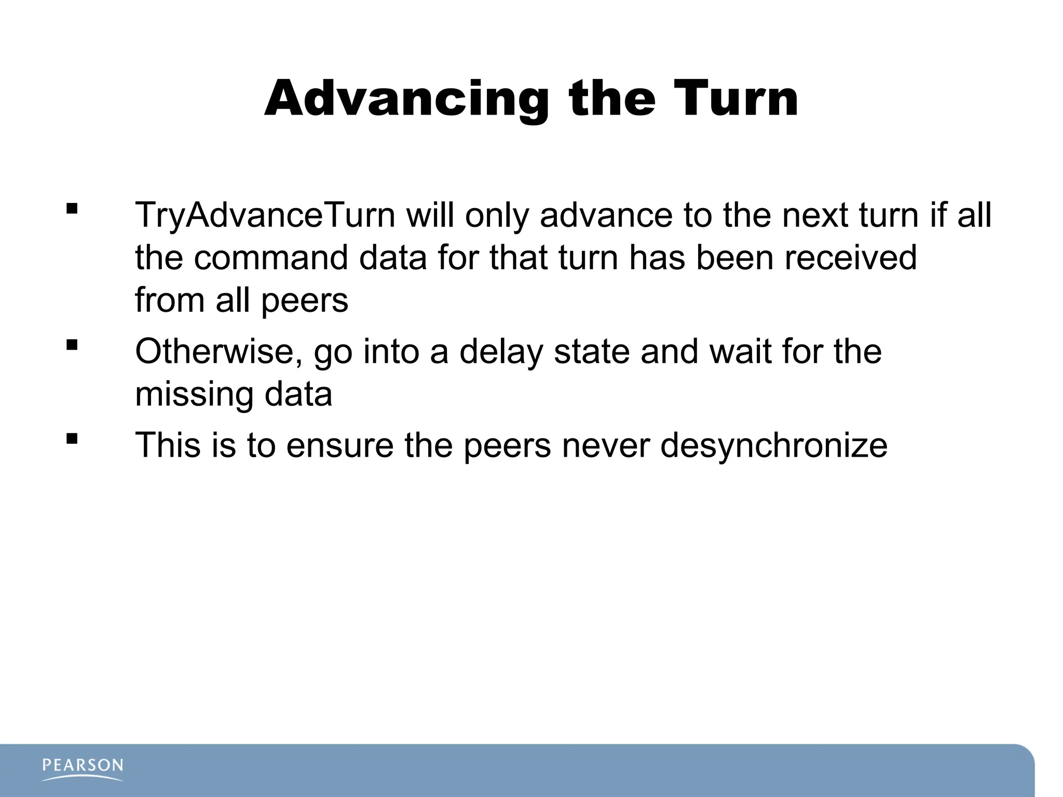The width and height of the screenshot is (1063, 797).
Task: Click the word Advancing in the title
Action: pyautogui.click(x=406, y=100)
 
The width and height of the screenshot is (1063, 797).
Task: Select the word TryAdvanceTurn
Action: pyautogui.click(x=265, y=215)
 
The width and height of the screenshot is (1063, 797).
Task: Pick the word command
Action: pyautogui.click(x=270, y=258)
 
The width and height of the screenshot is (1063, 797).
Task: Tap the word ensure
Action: pyautogui.click(x=339, y=445)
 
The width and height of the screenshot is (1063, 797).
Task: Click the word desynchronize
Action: pyautogui.click(x=773, y=445)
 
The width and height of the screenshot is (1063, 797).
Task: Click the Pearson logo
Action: pyautogui.click(x=83, y=768)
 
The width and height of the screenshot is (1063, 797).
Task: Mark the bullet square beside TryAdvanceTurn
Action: pyautogui.click(x=72, y=209)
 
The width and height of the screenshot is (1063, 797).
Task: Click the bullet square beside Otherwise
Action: pyautogui.click(x=72, y=345)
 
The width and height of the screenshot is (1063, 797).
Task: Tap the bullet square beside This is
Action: pyautogui.click(x=72, y=438)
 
